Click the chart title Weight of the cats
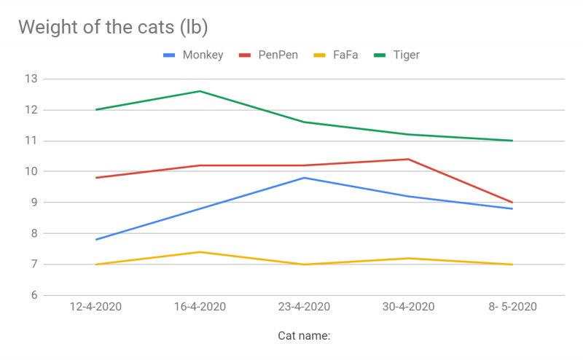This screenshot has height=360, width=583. coord(113,27)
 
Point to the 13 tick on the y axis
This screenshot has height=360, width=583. coord(31,79)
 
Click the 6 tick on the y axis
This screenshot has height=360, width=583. coord(34,295)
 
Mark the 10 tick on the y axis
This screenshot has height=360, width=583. coord(31,171)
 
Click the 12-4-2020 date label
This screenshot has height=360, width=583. coord(95,307)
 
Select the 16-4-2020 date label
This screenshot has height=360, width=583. coord(200,307)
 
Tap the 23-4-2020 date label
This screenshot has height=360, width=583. coord(304,307)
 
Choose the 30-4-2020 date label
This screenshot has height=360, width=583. coord(408,307)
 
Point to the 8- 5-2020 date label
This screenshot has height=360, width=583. coord(512,307)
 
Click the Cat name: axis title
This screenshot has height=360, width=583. coord(304,336)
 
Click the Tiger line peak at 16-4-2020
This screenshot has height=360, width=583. coord(200,91)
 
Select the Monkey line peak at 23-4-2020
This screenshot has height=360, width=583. coord(304,178)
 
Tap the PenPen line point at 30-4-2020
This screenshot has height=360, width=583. coord(408,159)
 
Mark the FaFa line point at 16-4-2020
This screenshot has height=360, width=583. coord(200,252)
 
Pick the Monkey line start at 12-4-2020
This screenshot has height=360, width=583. coord(95,240)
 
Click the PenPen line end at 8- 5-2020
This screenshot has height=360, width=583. coord(512,203)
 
